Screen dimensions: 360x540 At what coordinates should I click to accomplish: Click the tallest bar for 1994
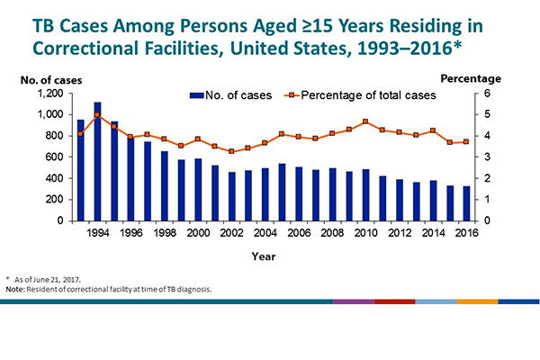pos(97,162)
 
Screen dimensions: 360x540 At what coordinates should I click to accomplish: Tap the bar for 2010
pos(365,195)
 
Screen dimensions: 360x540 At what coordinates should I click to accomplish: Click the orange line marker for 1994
pos(97,115)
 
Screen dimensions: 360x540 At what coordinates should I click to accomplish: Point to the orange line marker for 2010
pos(365,121)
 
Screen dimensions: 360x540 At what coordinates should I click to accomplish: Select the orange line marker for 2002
pos(231,151)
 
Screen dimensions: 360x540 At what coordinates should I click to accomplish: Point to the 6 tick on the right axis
pos(487,94)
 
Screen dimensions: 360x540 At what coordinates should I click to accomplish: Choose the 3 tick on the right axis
pos(487,157)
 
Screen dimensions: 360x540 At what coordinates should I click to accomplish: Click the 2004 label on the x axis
pos(265,233)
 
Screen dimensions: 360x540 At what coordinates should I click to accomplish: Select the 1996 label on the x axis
pos(130,233)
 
